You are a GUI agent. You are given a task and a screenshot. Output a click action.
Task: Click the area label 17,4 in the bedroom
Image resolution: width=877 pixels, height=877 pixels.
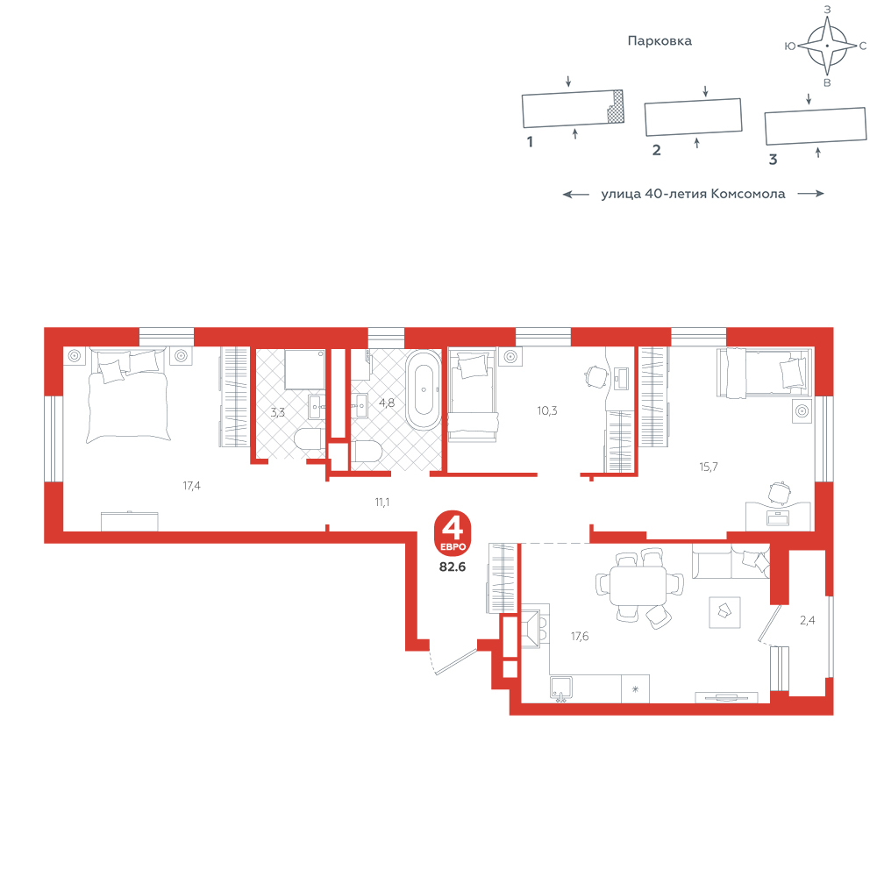coord(191,486)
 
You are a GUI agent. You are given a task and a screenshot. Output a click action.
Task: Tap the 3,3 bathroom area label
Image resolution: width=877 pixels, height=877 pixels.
coord(277,413)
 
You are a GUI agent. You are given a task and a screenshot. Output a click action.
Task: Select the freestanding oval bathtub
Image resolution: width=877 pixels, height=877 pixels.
coord(424,390)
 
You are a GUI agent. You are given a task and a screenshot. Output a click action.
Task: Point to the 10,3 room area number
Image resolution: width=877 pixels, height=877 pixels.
coord(547,410)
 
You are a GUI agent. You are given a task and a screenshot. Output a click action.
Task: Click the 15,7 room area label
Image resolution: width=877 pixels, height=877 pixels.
coord(708,467)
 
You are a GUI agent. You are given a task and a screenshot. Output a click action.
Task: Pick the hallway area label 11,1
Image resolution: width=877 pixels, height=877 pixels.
coord(382,503)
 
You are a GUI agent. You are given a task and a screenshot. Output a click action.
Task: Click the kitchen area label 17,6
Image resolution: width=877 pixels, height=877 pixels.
coord(580,636)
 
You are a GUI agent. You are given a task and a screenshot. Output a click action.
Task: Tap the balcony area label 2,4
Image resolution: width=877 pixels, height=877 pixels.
coord(807,620)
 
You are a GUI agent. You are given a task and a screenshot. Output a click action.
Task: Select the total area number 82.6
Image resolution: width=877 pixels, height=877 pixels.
coord(453,567)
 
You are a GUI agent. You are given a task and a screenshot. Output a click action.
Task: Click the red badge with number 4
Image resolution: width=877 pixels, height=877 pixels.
coord(453,531)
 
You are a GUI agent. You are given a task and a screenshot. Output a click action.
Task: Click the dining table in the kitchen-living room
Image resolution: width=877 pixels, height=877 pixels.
coord(638,585)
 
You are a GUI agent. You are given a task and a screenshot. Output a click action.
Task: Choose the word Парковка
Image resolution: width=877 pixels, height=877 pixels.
coord(660,41)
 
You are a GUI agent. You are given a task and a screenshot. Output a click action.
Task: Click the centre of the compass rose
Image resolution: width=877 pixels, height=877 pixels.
coord(827,46)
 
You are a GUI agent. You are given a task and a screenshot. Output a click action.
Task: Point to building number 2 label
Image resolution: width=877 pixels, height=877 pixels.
coord(657,150)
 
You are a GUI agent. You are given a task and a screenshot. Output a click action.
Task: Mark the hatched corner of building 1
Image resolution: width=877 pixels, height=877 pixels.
coord(616,106)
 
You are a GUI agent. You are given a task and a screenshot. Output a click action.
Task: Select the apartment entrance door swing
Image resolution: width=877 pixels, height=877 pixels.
coord(454,660)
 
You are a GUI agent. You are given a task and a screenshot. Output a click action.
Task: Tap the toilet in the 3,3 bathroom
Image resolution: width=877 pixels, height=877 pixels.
coord(308,439)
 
